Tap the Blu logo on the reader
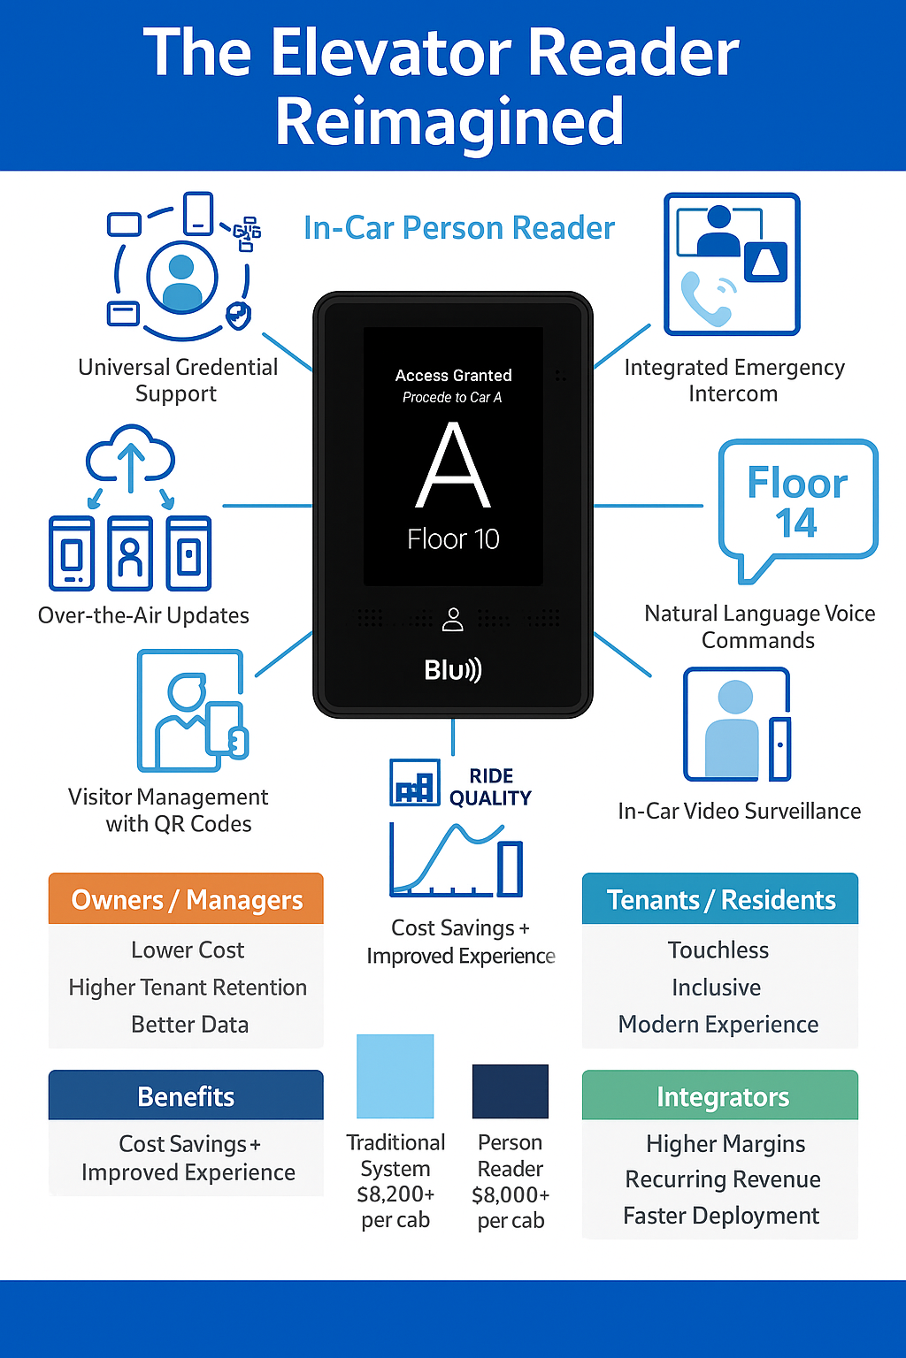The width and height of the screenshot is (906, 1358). click(452, 670)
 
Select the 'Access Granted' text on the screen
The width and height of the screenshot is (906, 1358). click(453, 376)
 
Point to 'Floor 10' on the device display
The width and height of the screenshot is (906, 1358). click(453, 539)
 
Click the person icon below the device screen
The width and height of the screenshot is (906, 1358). click(453, 619)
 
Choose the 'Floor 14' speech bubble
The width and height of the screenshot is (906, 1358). click(797, 502)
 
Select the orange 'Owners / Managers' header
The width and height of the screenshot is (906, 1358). click(186, 899)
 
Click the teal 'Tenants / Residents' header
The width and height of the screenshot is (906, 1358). click(720, 899)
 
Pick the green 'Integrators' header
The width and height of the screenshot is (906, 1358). click(721, 1096)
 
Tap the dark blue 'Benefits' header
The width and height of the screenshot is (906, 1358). click(186, 1096)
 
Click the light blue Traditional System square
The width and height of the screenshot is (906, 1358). click(395, 1076)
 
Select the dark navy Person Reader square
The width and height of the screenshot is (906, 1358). click(511, 1091)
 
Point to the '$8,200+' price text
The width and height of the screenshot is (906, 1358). click(395, 1194)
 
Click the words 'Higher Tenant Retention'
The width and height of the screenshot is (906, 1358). click(188, 988)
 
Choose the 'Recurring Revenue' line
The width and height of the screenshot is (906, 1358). click(722, 1179)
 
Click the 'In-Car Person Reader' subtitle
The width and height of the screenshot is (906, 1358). click(458, 228)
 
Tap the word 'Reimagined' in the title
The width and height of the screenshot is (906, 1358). click(449, 122)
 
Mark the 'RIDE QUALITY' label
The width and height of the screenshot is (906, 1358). click(490, 787)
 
